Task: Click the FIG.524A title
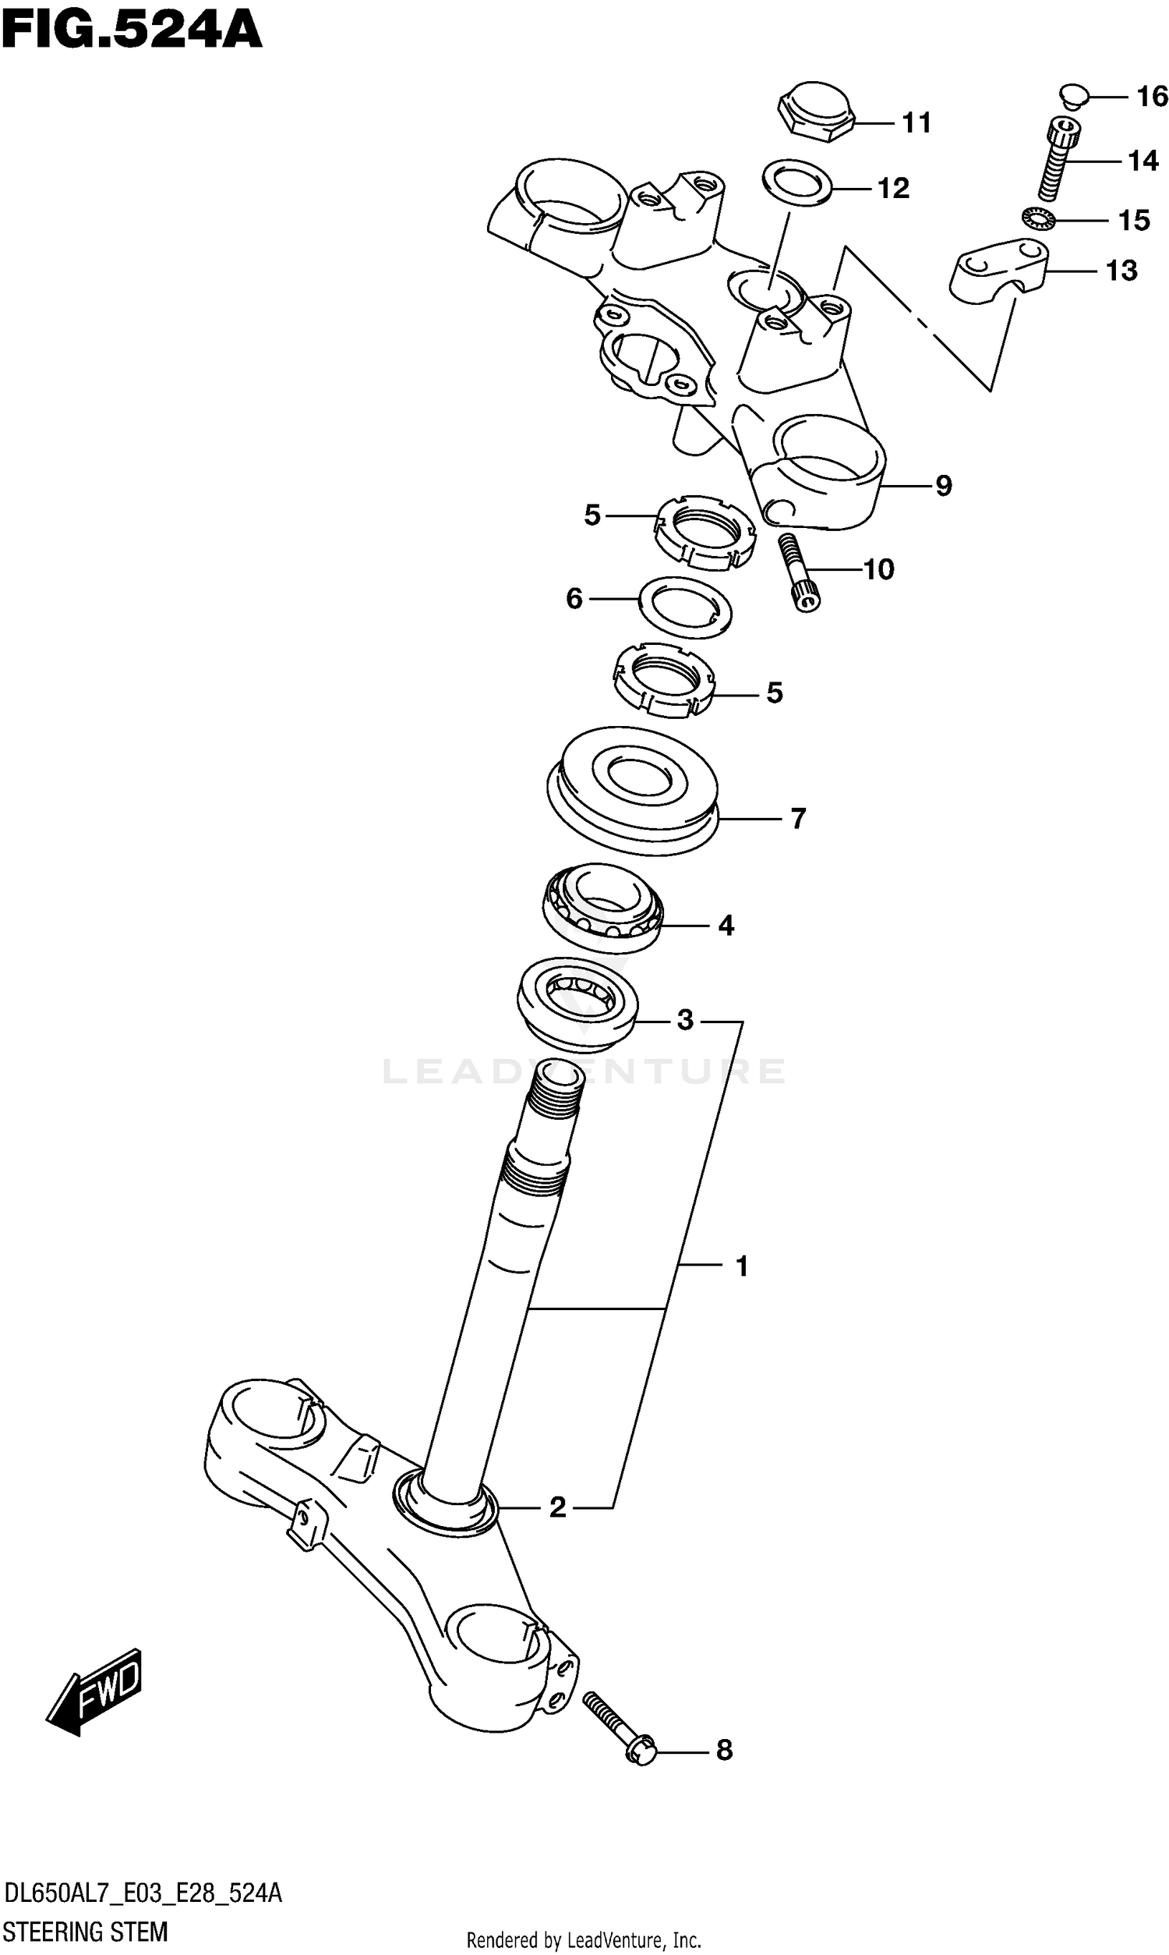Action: point(132,31)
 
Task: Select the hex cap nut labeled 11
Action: point(816,112)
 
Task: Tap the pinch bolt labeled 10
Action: point(797,572)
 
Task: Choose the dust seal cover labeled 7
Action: point(633,790)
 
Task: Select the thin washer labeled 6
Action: point(684,607)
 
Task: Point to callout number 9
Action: point(944,485)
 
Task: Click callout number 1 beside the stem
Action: point(741,1266)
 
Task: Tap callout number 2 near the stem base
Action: point(557,1508)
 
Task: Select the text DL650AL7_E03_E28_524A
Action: point(143,1893)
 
